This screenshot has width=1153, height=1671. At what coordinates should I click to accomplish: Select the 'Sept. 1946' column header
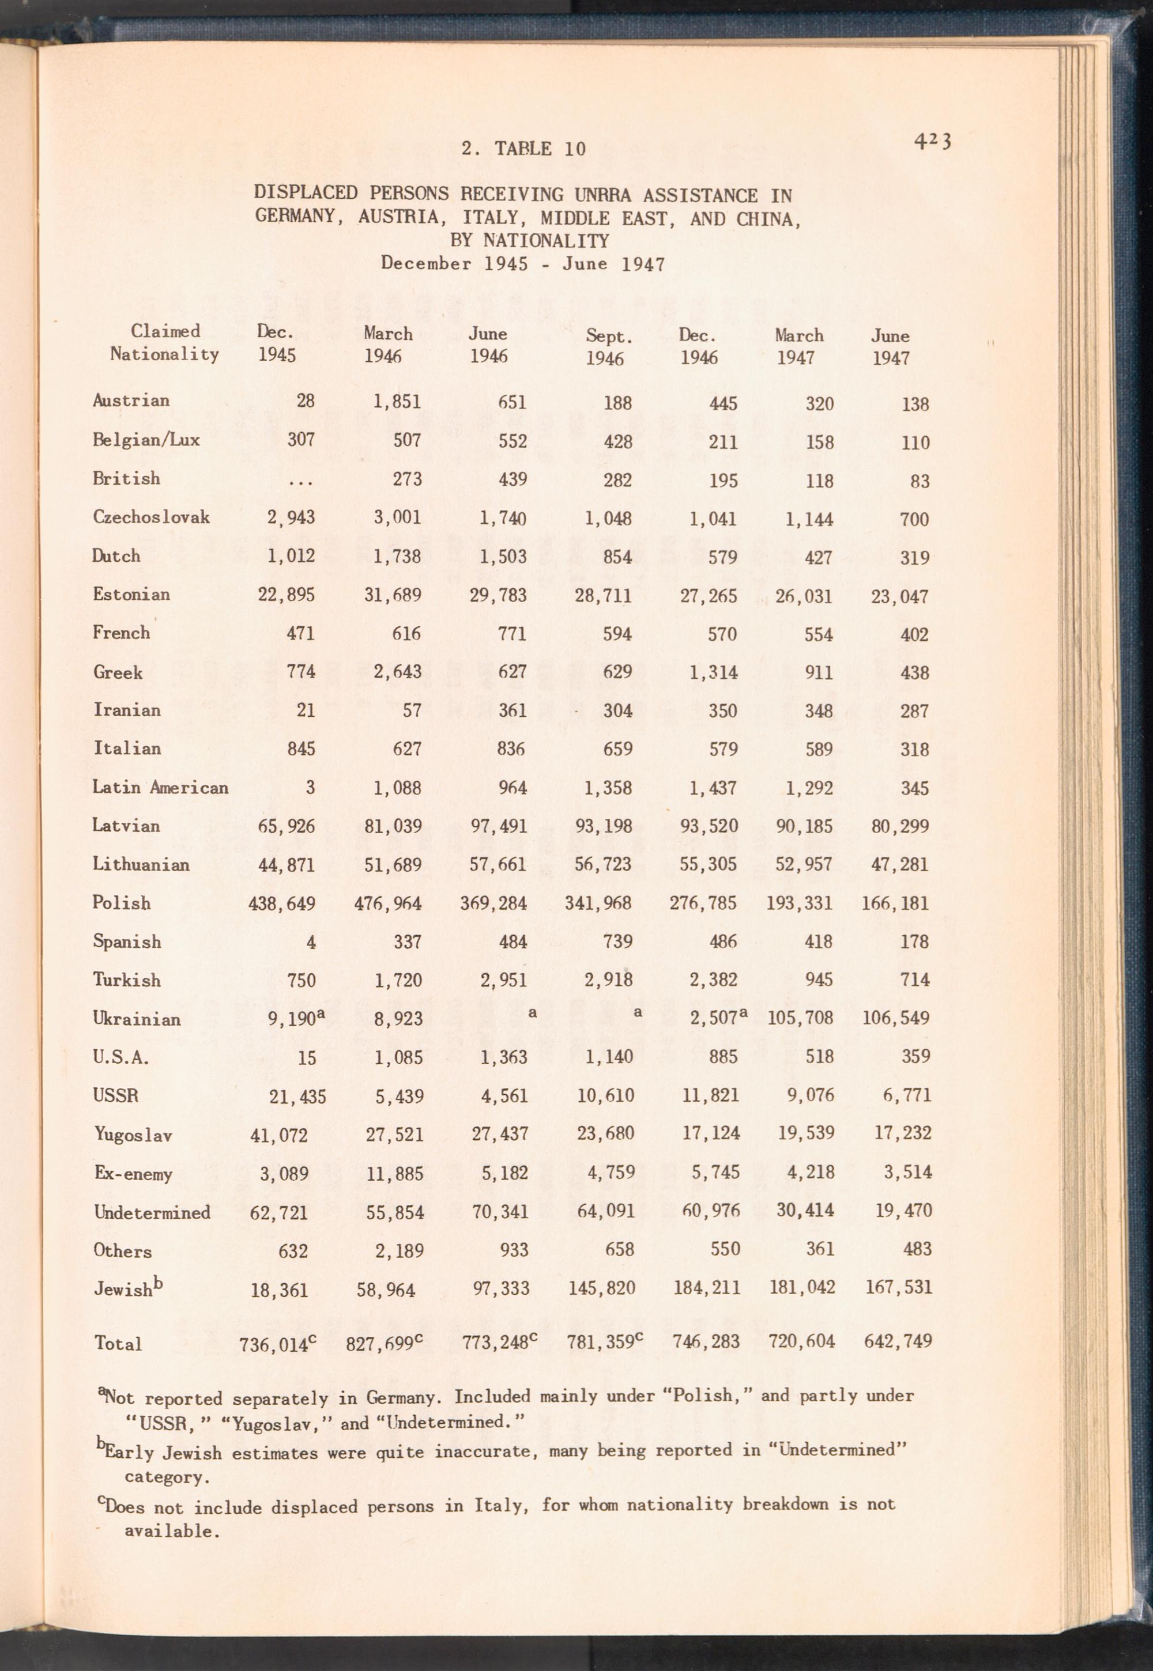[x=608, y=347]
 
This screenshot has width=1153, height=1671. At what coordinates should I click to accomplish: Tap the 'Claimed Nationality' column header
[x=165, y=342]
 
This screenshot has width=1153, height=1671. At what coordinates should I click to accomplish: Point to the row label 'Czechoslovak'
[x=151, y=517]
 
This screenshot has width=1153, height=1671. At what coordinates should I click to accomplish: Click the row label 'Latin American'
[x=160, y=787]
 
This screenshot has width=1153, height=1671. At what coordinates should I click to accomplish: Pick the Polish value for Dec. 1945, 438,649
[x=282, y=903]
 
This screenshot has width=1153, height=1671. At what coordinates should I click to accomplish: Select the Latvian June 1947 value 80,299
[x=899, y=826]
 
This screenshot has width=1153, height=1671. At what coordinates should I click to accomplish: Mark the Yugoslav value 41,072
[x=279, y=1135]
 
